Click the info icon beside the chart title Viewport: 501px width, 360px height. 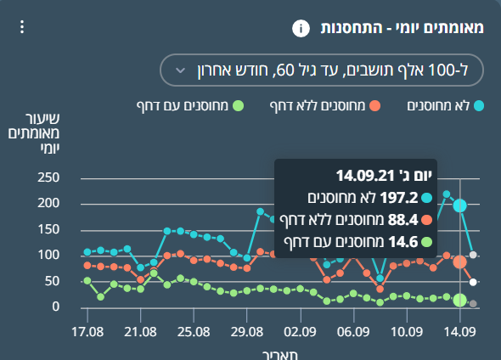coord(301,28)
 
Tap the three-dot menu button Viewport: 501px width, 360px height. coord(22,27)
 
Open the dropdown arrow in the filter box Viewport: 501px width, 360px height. coord(181,70)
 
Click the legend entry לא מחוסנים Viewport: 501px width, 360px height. coord(446,106)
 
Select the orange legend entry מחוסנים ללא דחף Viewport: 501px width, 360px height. coord(325,106)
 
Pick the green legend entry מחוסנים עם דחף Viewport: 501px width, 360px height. coord(190,106)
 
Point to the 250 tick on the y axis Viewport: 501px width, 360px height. coord(48,177)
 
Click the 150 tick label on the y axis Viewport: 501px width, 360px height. coord(48,229)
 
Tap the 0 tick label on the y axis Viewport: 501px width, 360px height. coord(55,307)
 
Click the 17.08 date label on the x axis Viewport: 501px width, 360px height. coord(87,332)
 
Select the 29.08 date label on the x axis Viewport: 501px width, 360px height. coord(246,332)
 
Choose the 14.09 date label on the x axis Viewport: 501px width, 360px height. coord(459,332)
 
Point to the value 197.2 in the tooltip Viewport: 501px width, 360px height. coord(399,198)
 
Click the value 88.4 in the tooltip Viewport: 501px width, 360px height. coord(402,220)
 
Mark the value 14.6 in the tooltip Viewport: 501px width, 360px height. coord(403,242)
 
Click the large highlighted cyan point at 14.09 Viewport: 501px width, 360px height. coord(459,205)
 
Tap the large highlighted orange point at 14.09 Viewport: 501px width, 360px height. coord(459,262)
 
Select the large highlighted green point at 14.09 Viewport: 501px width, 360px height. coord(459,301)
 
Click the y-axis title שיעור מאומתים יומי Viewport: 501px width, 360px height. coord(34,133)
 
